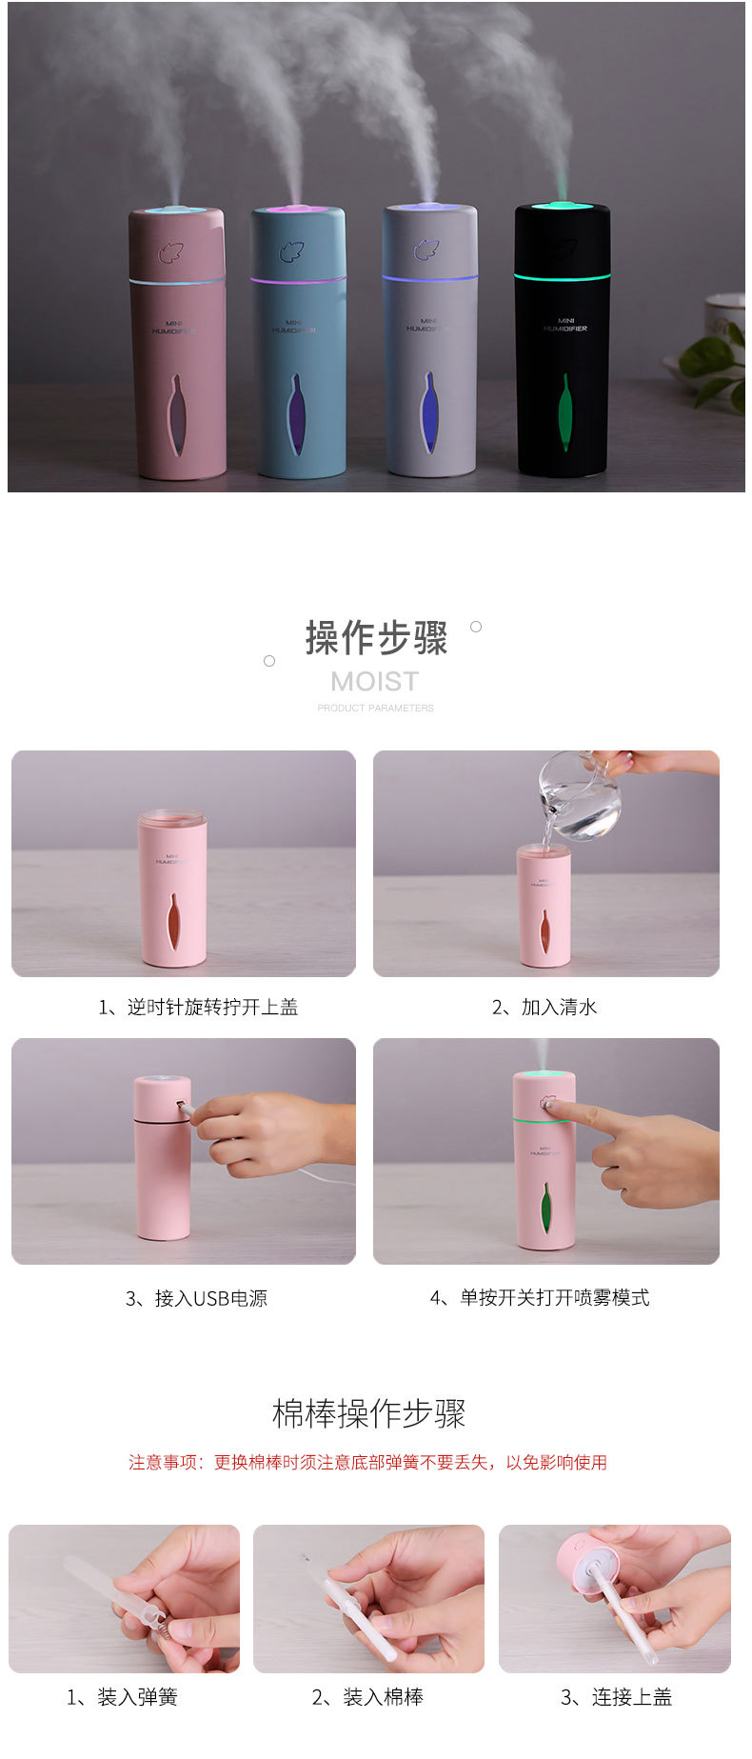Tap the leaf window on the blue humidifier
pos(297,414)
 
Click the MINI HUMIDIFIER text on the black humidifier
pos(565,325)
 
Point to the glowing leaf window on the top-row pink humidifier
pos(177,413)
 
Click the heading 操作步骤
pos(376,638)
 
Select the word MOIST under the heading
pos(375,682)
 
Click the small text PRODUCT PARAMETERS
pos(375,709)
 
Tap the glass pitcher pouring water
pos(579,796)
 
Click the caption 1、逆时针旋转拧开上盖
pos(198,1007)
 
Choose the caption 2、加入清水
pos(544,1007)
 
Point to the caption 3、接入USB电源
pos(196,1298)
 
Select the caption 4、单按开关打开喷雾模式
pos(540,1298)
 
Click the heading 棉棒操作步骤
pos(369,1413)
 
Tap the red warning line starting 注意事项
pos(367,1462)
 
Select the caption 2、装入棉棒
pos(367,1697)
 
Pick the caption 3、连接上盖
pos(616,1697)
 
